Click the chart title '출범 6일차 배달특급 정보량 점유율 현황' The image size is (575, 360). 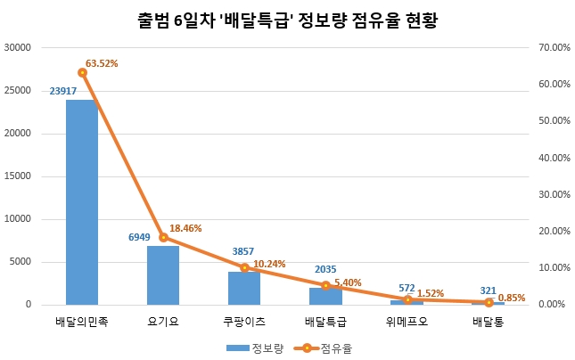286,19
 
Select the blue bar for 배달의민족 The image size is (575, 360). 82,202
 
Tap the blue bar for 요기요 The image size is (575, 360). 163,275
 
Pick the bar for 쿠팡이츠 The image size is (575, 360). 244,289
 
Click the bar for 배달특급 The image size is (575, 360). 325,297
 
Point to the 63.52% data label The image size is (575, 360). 102,64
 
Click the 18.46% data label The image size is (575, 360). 185,229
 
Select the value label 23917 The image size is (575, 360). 81,91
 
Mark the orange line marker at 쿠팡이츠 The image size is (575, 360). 244,267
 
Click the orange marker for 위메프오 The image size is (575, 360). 407,299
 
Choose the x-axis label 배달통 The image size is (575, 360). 488,322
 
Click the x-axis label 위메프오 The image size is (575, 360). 407,322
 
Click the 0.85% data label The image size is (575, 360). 511,299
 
